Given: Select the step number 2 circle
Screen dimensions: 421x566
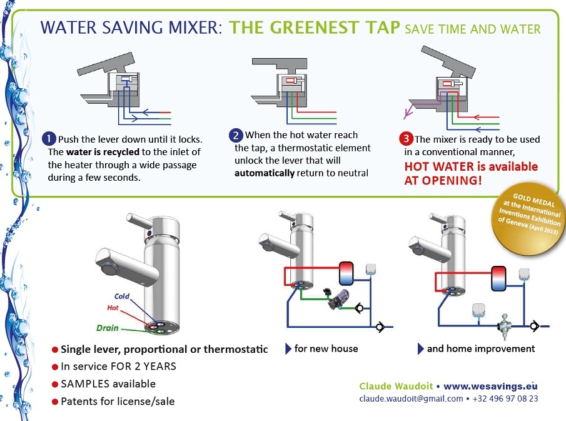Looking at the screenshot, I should [236, 135].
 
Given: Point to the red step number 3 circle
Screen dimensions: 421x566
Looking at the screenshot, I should [407, 139].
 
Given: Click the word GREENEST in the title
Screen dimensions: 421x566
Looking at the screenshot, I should [284, 28].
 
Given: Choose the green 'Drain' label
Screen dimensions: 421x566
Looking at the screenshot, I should [108, 327].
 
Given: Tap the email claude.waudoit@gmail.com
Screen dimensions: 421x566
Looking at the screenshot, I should [411, 398].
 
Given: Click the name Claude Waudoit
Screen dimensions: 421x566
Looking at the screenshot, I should [396, 386].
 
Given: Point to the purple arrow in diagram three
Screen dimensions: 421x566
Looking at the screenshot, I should [408, 113].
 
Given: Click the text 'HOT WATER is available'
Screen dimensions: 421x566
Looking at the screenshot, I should [470, 167].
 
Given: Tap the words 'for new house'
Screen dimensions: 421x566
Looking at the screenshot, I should [326, 348].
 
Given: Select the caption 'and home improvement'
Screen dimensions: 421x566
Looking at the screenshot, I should [480, 348].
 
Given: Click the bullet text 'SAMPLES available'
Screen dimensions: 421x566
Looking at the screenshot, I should [108, 383].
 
